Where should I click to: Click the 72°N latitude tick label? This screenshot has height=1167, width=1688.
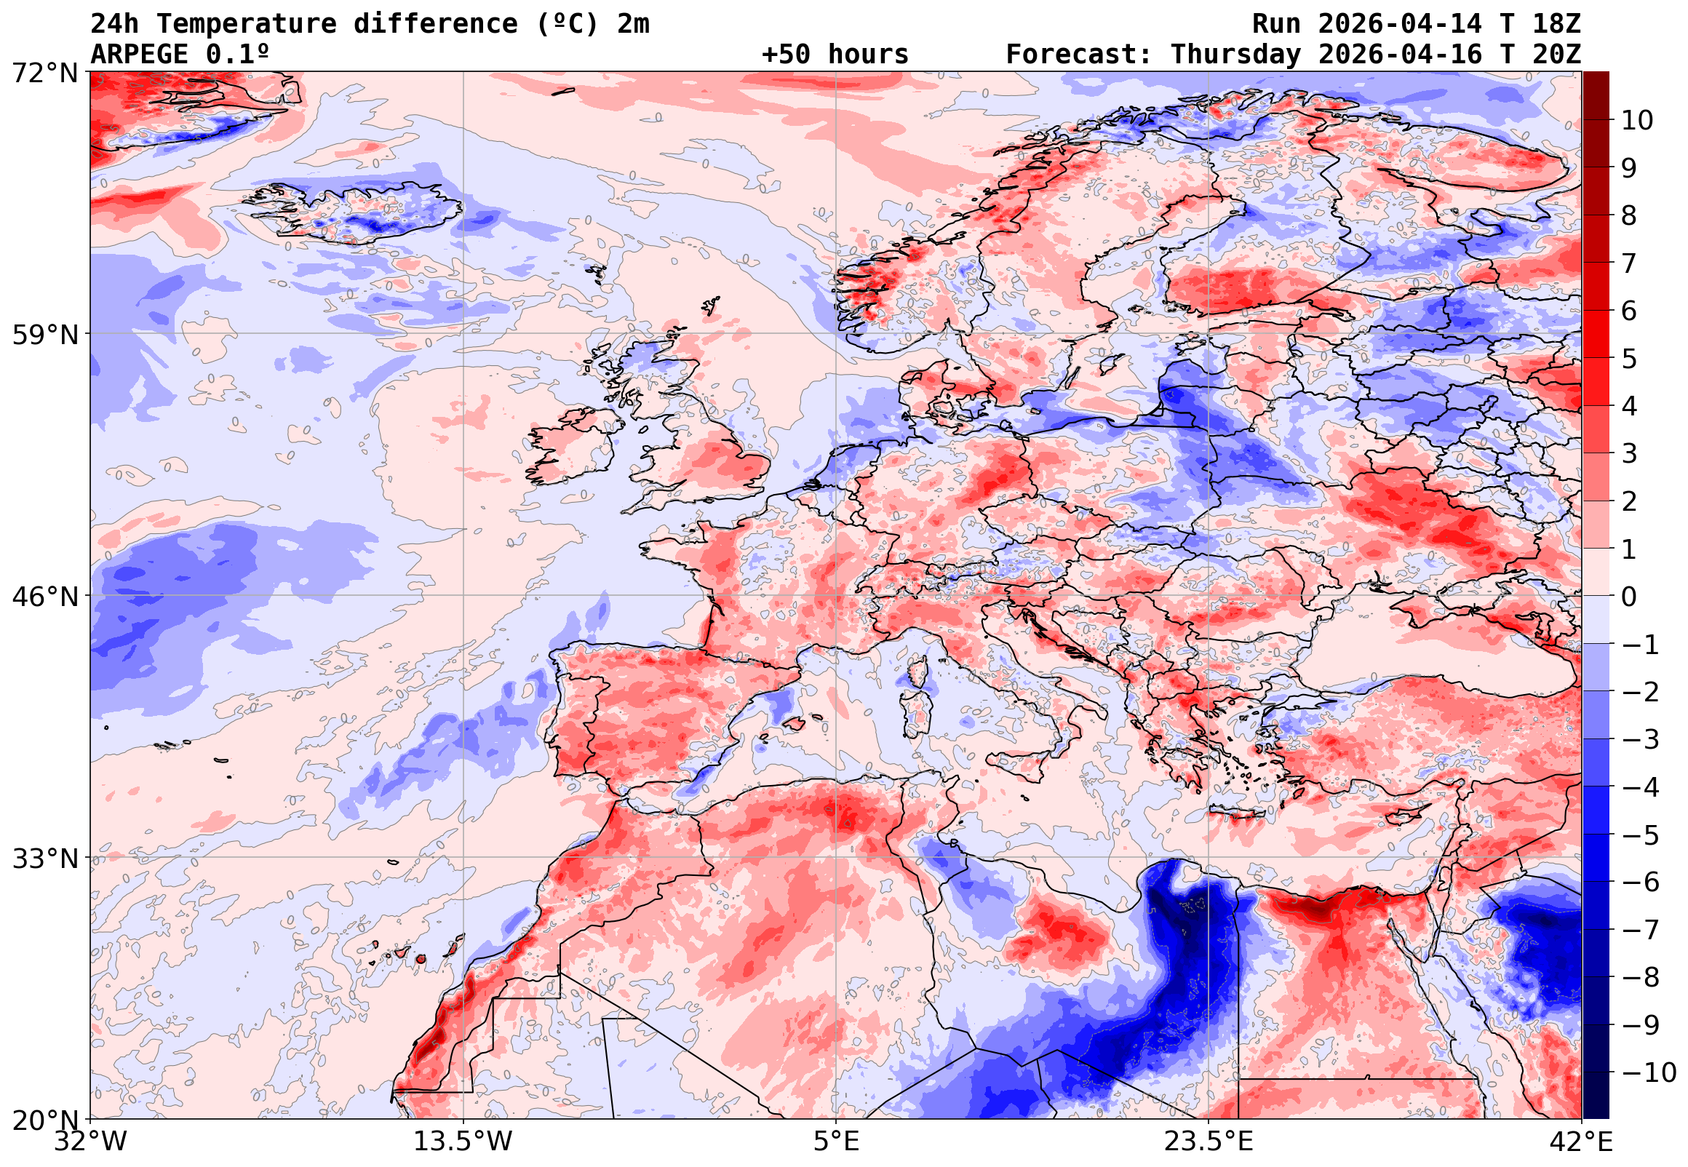(x=44, y=73)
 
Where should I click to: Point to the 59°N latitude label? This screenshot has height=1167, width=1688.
(x=44, y=335)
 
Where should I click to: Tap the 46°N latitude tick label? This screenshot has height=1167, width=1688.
(x=44, y=597)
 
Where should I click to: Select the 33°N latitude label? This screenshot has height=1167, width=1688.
(x=44, y=859)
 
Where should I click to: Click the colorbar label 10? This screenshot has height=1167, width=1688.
(x=1637, y=121)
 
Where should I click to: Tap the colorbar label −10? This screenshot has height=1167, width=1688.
(x=1649, y=1072)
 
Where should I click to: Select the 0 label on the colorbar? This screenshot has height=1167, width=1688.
(x=1629, y=597)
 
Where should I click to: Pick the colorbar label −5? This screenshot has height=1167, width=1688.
(x=1641, y=835)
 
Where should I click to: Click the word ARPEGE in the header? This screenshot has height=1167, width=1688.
(x=140, y=55)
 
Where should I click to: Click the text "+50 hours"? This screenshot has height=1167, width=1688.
(x=835, y=55)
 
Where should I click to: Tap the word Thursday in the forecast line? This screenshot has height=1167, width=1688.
(x=1235, y=55)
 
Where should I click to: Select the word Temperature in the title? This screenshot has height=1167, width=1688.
(x=247, y=24)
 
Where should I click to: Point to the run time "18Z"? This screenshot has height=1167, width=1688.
(x=1556, y=24)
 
